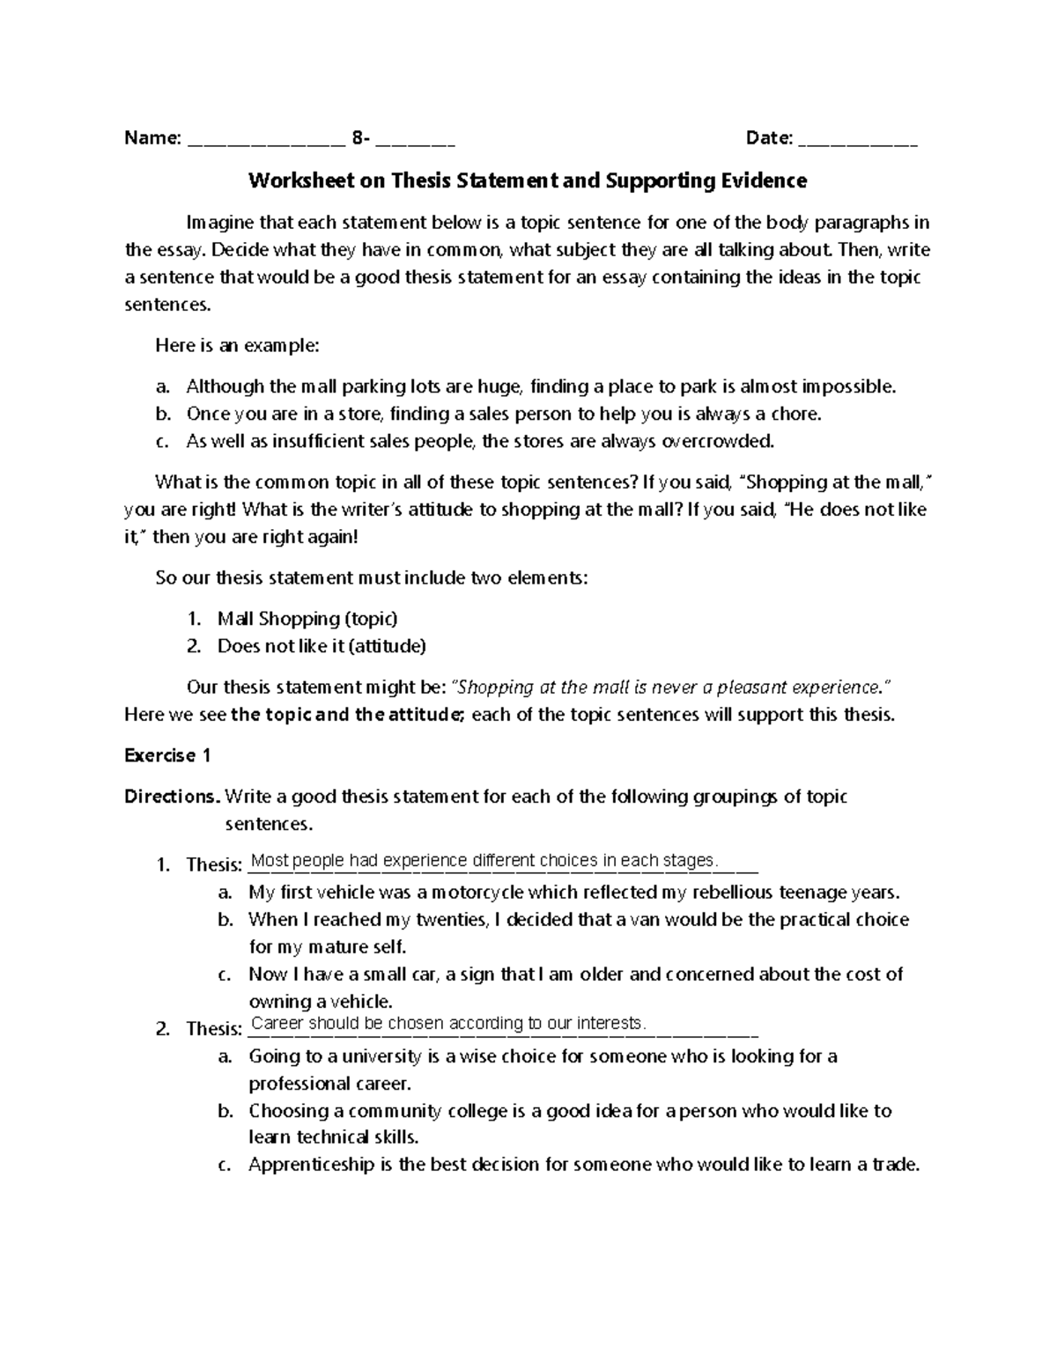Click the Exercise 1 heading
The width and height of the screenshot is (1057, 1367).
coord(168,755)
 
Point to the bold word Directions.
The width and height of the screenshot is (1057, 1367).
coord(172,797)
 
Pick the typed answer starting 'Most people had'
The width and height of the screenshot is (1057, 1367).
coord(485,860)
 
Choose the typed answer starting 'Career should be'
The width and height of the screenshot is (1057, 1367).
coord(449,1023)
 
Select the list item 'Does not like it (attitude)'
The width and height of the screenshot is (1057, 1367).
coord(322,646)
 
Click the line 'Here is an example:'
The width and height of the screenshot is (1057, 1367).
coord(237,345)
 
